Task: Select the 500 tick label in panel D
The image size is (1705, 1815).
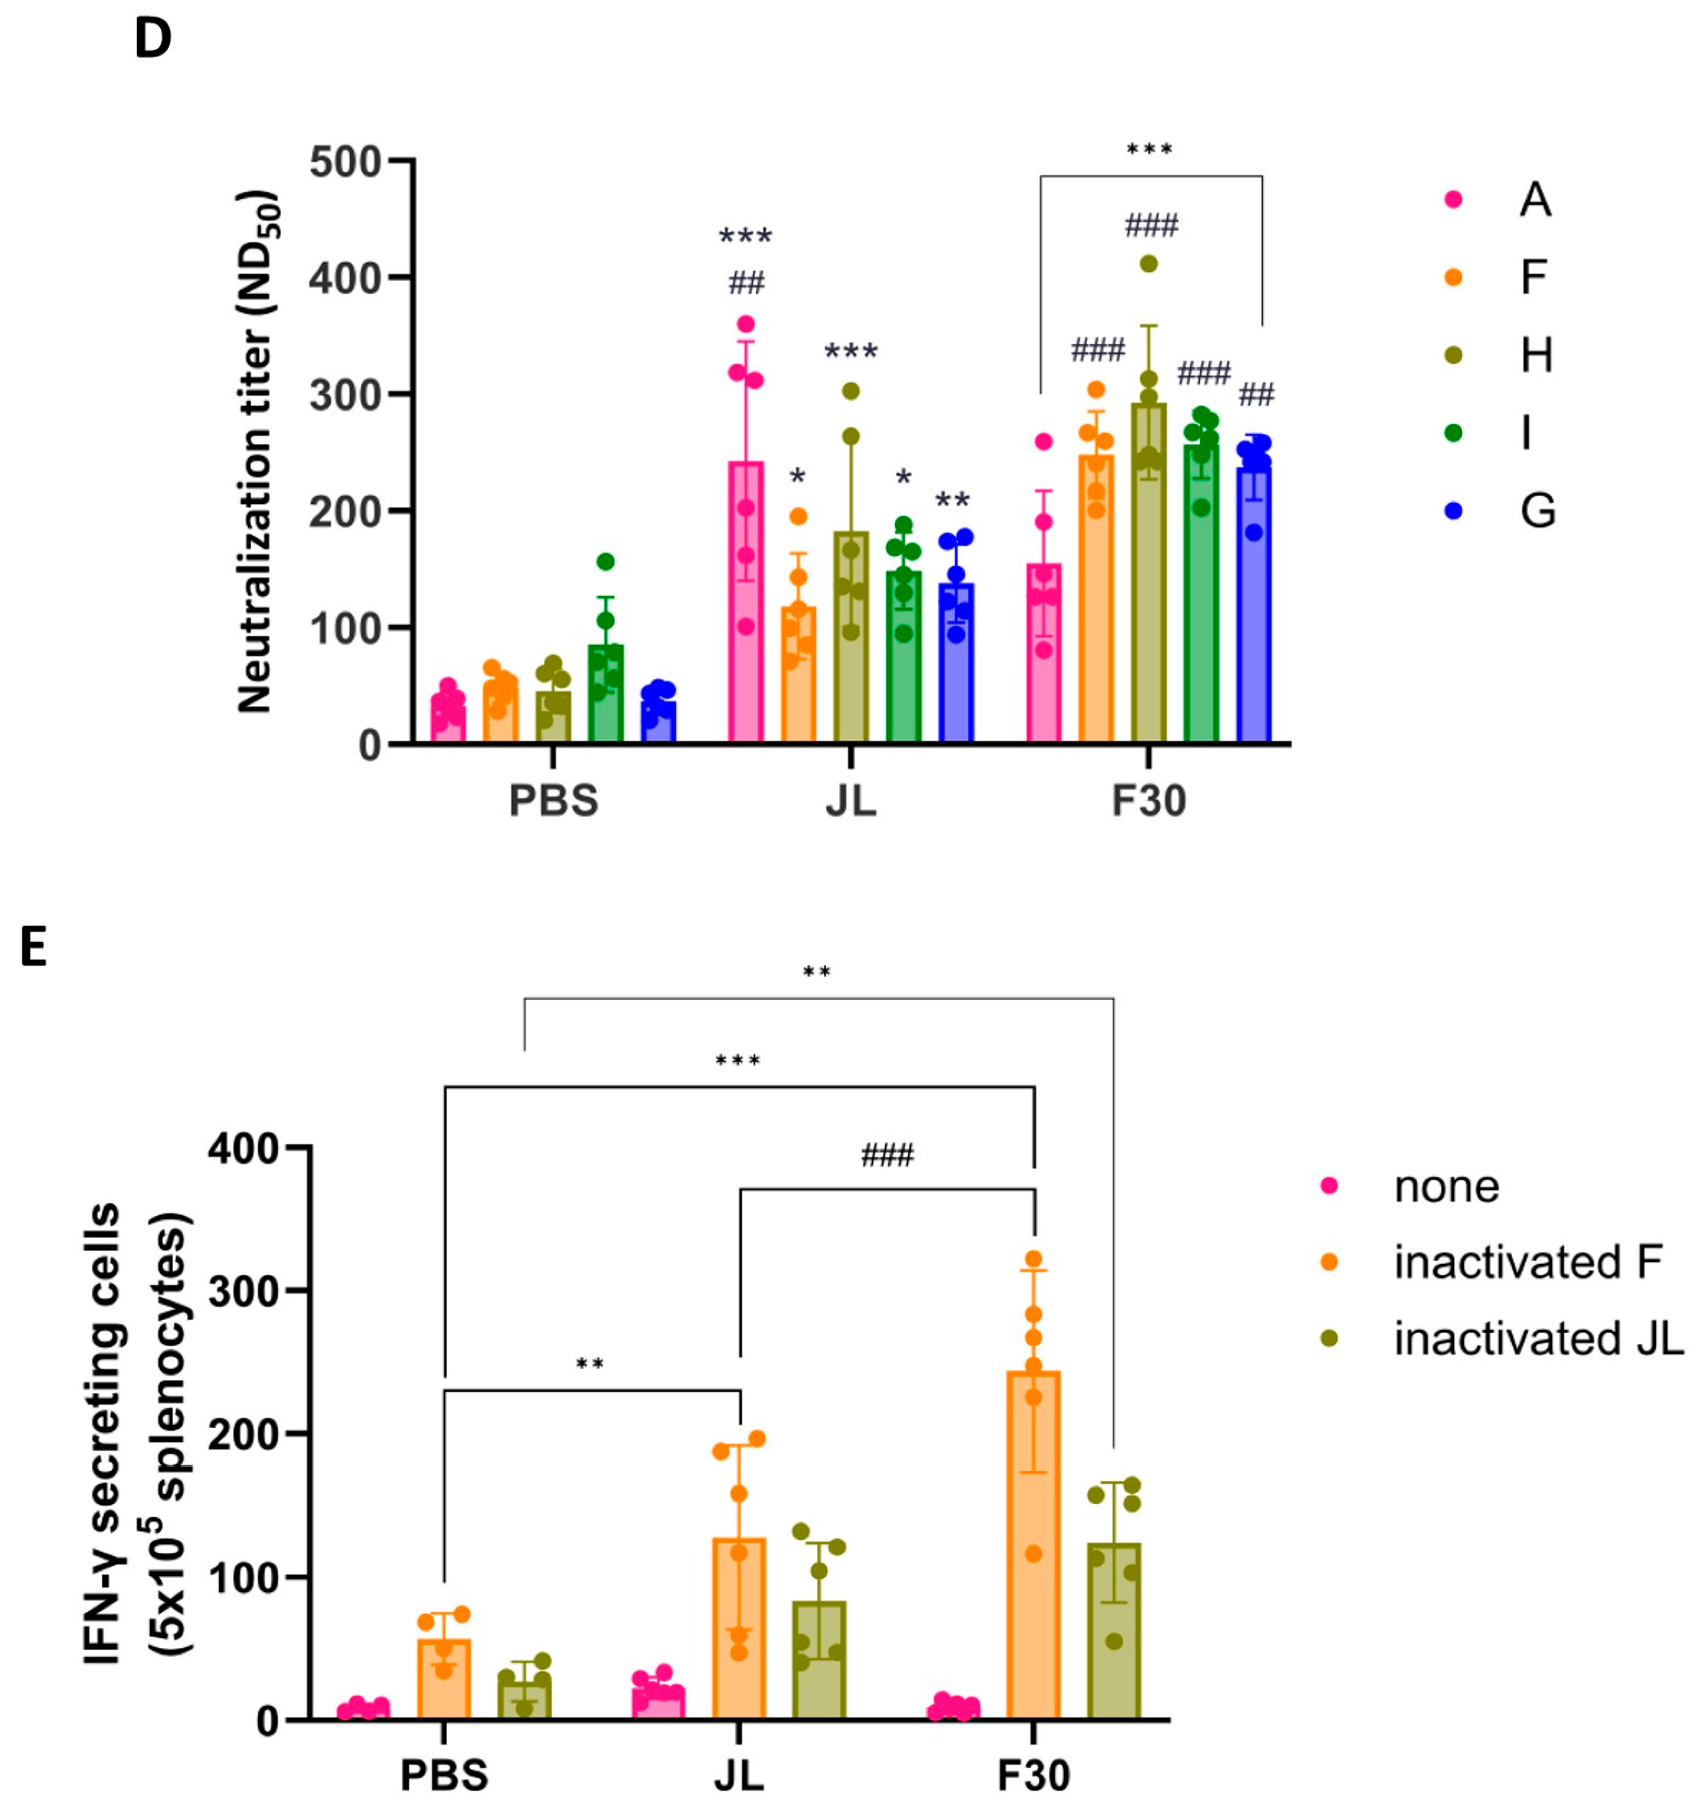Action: (x=344, y=163)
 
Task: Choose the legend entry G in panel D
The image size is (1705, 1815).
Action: (x=1537, y=510)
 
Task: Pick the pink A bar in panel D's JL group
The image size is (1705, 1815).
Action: (x=746, y=603)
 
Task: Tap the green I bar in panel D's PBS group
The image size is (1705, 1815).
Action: (x=604, y=694)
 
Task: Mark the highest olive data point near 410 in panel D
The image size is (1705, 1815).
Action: (x=1149, y=264)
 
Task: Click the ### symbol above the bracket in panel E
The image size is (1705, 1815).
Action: (x=887, y=1156)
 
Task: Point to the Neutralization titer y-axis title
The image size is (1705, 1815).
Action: (x=256, y=452)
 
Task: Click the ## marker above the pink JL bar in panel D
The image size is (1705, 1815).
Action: (x=746, y=283)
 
